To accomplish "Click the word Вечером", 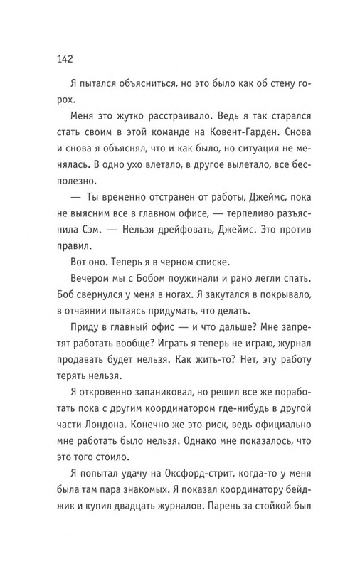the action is [95, 319].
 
